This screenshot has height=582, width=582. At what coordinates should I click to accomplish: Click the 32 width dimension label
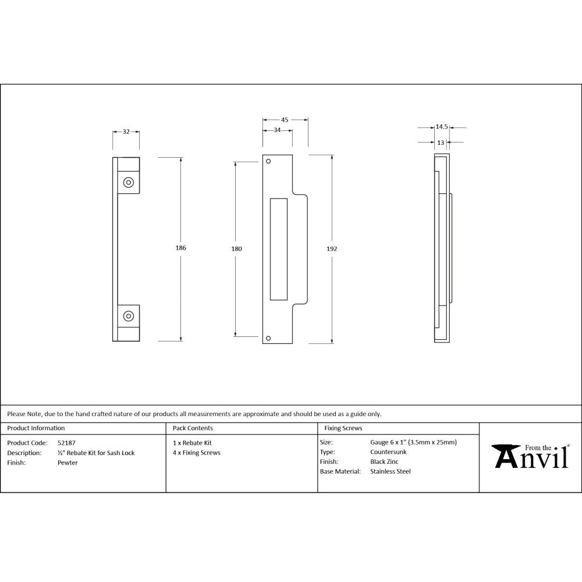(x=126, y=132)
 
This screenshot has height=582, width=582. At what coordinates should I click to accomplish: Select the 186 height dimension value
(x=180, y=248)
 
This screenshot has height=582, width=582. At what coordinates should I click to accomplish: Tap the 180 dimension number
(x=236, y=249)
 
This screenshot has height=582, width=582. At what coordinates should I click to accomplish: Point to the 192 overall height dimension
(x=332, y=249)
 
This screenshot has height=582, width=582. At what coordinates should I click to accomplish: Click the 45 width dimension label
(x=285, y=119)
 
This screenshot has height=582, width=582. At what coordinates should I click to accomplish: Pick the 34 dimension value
(x=277, y=130)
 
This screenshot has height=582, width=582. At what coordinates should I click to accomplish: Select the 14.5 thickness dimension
(x=441, y=126)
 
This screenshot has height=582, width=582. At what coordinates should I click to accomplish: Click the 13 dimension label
(x=441, y=142)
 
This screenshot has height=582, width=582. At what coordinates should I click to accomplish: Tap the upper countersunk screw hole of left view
(x=128, y=183)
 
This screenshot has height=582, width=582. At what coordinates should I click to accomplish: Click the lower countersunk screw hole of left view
(x=128, y=317)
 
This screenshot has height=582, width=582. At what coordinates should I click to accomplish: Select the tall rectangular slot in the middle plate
(x=279, y=248)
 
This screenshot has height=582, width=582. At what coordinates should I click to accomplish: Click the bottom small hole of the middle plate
(x=268, y=338)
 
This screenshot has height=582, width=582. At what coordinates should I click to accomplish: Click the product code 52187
(x=66, y=442)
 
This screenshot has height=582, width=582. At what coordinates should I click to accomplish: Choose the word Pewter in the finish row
(x=68, y=463)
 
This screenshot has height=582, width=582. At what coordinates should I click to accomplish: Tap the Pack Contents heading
(x=193, y=428)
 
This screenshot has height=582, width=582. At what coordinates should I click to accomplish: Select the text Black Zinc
(x=384, y=462)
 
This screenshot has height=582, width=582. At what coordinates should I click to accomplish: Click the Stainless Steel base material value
(x=390, y=471)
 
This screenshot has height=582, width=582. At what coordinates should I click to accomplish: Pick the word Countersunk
(x=388, y=452)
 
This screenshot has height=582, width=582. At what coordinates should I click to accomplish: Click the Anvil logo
(x=531, y=456)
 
